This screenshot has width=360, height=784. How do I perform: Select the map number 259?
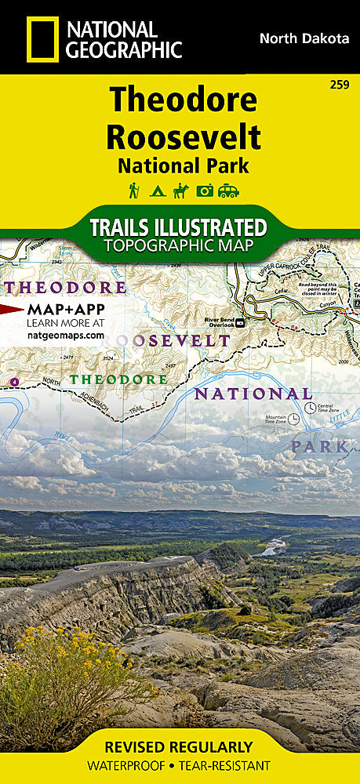(x=340, y=83)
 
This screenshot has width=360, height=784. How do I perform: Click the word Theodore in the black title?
(x=183, y=100)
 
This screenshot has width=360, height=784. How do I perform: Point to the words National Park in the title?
(x=183, y=165)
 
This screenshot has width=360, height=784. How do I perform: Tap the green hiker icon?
(x=134, y=190)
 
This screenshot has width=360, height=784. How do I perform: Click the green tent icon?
(x=157, y=190)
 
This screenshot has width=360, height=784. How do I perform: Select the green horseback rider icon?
(x=181, y=190)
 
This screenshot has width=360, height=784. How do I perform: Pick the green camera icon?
(x=205, y=190)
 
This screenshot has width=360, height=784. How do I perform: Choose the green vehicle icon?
(x=229, y=190)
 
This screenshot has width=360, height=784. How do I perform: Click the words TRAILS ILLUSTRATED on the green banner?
(x=178, y=227)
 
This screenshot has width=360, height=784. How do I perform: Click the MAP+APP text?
(x=66, y=309)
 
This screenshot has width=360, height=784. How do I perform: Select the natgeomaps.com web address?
(x=65, y=334)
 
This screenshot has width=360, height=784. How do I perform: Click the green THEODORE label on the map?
(x=118, y=379)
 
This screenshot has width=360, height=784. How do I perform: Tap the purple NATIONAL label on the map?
(x=253, y=394)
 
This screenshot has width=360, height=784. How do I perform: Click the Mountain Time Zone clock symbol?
(x=293, y=419)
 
